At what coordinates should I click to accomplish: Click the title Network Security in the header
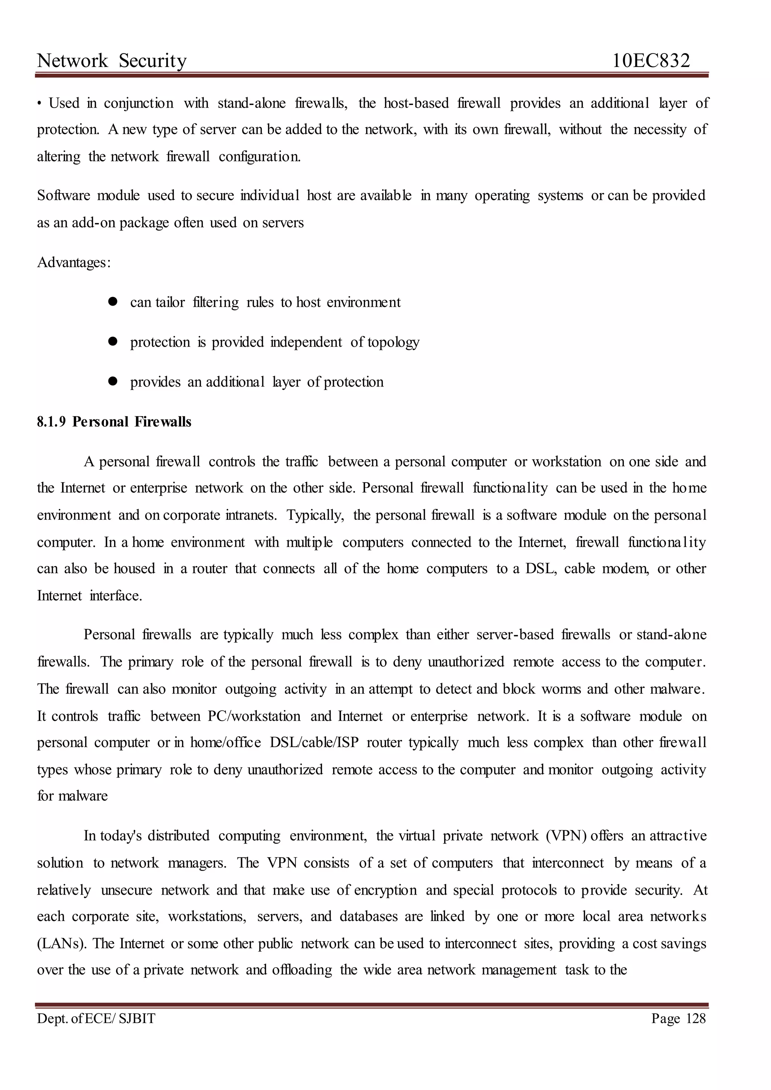(112, 61)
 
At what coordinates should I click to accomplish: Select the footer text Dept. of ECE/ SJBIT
(96, 1018)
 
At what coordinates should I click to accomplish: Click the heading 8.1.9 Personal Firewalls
(114, 422)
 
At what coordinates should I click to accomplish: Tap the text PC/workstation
(254, 716)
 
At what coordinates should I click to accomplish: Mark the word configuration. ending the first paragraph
(260, 157)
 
